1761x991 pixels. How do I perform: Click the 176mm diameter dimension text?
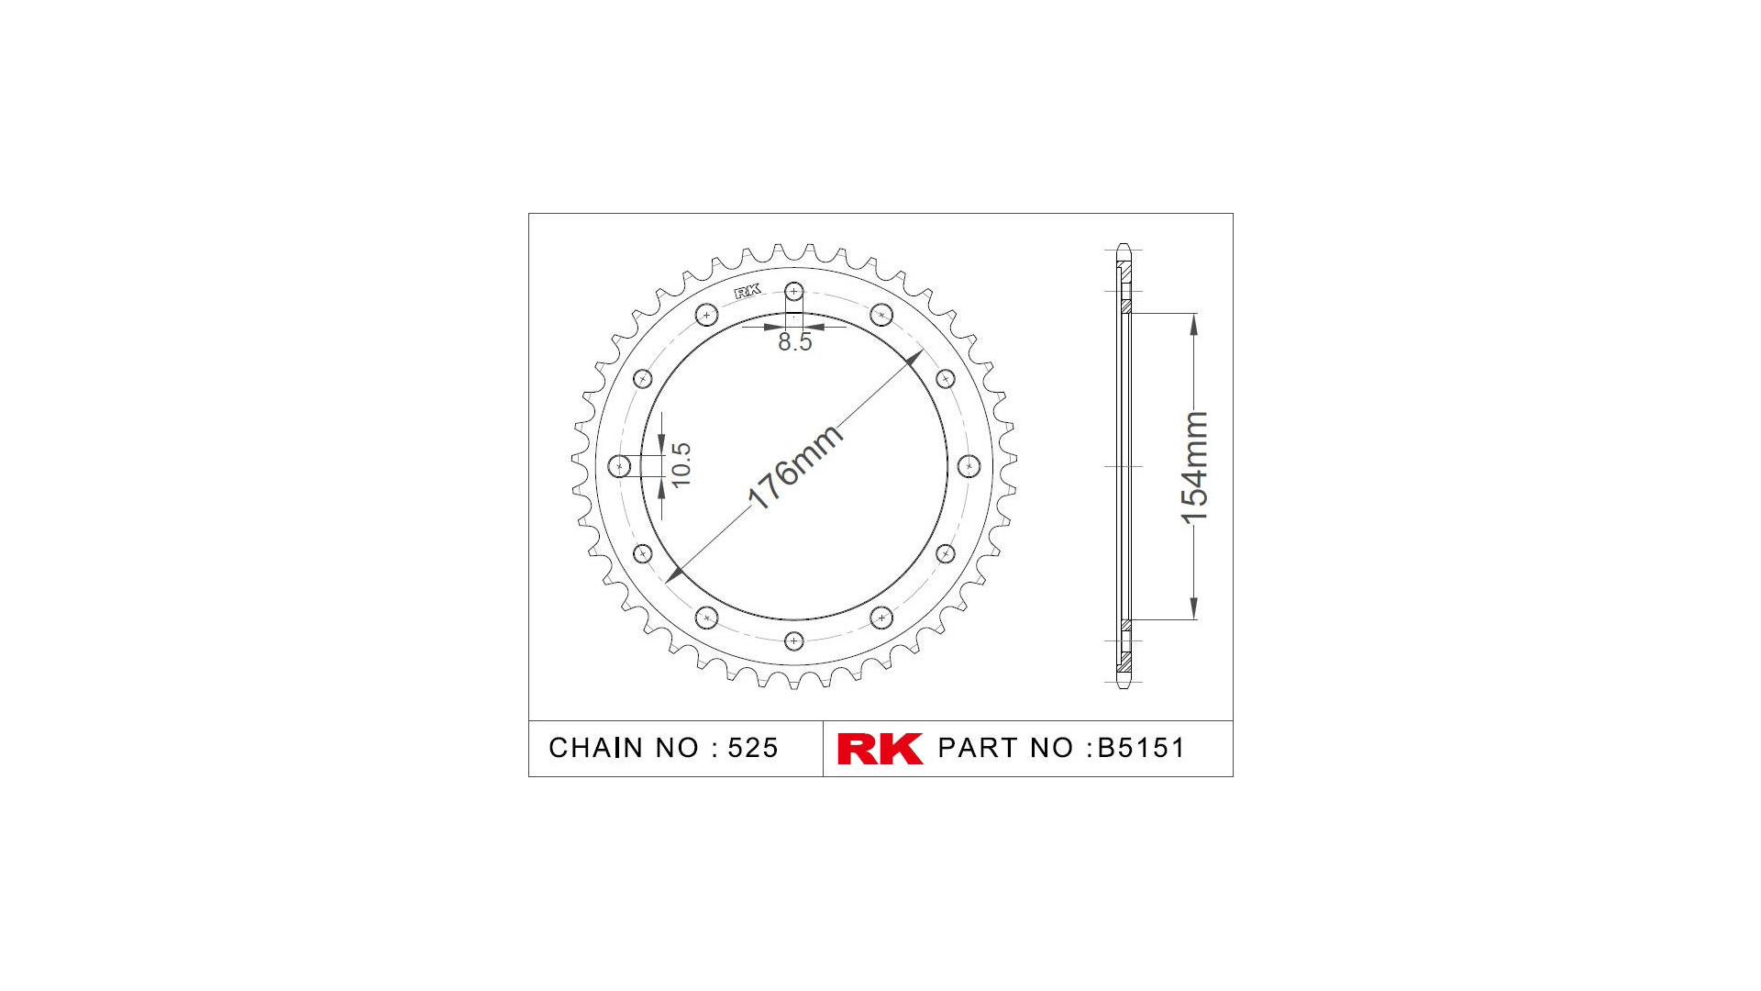tap(794, 466)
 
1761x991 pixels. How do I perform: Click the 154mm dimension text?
tap(1194, 467)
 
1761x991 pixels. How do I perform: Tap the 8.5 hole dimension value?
tap(794, 342)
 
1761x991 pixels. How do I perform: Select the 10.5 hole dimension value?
tap(681, 464)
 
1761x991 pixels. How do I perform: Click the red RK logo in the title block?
tap(879, 748)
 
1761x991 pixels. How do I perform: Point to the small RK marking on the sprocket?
tap(748, 291)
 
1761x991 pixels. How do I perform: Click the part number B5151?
tap(1141, 748)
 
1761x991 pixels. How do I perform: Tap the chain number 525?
tap(752, 748)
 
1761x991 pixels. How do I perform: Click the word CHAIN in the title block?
tap(596, 748)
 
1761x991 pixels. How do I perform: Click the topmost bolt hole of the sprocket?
tap(794, 292)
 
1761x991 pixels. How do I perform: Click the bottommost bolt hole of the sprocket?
tap(794, 640)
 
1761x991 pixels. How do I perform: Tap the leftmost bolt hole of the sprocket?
tap(620, 466)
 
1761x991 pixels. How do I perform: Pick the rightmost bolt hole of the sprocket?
tap(969, 466)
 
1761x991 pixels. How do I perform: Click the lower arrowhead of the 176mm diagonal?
tap(675, 574)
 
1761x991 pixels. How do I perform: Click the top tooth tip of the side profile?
tap(1124, 247)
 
